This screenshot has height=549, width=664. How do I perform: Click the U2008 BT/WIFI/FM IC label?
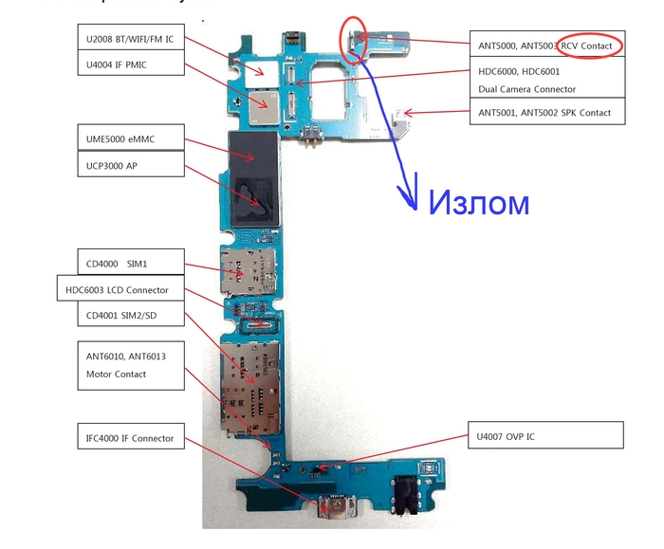(x=128, y=40)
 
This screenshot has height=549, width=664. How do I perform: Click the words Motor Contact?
(x=116, y=374)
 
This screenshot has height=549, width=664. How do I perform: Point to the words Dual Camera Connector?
(x=526, y=89)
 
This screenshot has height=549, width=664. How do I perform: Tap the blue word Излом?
(x=478, y=202)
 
